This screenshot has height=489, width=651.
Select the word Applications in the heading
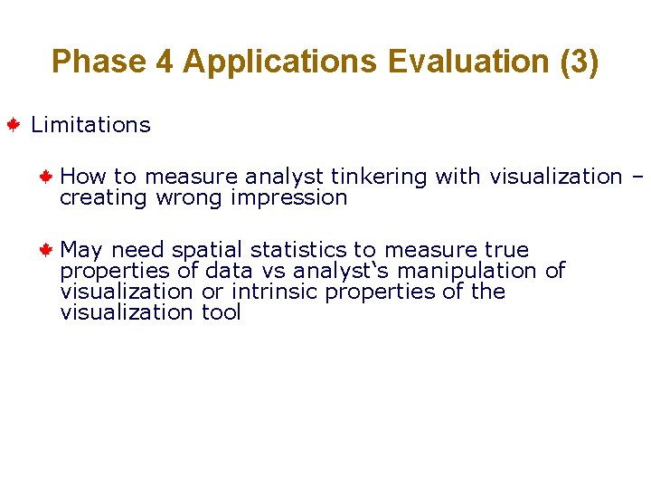(278, 62)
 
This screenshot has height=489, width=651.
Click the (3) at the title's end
(580, 62)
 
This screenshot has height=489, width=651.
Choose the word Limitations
(90, 125)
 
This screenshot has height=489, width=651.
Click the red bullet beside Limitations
(14, 125)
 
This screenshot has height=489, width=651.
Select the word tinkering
(378, 177)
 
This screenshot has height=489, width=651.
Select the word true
(506, 250)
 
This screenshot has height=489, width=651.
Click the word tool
(221, 313)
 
